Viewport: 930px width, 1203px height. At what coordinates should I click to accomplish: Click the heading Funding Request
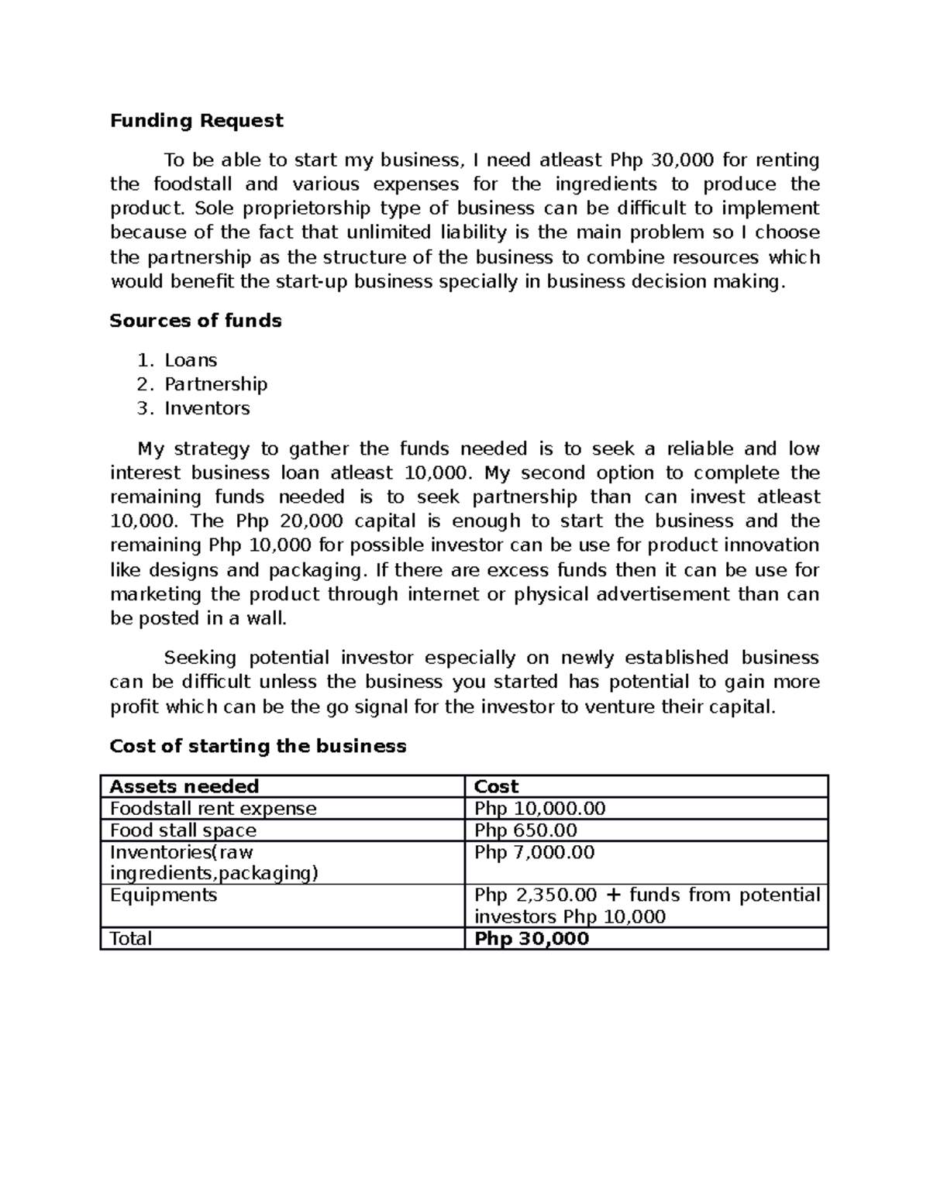(196, 121)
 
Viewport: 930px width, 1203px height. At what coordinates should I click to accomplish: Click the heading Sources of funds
(195, 321)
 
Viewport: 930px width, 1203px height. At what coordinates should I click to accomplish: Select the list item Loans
(191, 360)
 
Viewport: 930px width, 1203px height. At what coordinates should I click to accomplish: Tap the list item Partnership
(215, 384)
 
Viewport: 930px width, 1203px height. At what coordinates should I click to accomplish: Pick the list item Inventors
(207, 408)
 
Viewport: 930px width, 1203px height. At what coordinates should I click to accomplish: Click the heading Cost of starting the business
(257, 746)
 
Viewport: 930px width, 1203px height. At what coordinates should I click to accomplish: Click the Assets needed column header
(184, 786)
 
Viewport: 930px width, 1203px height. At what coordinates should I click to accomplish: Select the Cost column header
(496, 786)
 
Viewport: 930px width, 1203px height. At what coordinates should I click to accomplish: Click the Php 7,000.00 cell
(534, 853)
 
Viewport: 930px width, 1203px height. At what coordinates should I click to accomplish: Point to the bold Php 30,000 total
(532, 939)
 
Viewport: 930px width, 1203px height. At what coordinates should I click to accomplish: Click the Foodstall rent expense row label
(213, 809)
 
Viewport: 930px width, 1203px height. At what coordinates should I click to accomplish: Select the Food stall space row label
(183, 830)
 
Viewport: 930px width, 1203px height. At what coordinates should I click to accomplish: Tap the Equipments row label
(164, 895)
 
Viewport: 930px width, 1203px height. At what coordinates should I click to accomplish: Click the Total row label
(131, 939)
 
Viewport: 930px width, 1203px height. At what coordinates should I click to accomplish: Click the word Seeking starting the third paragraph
(200, 658)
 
